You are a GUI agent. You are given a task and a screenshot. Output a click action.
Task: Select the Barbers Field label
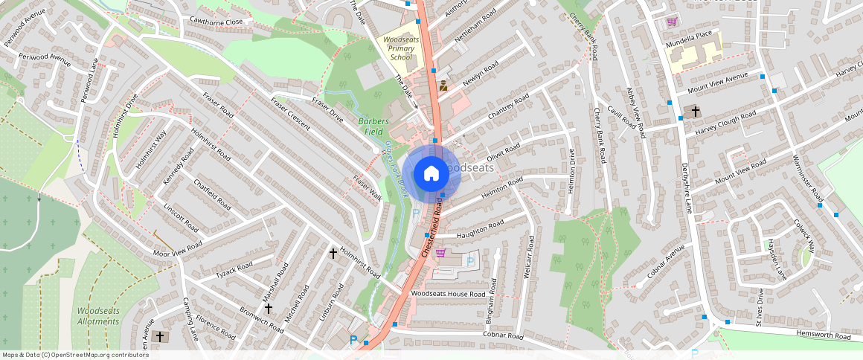click(x=373, y=126)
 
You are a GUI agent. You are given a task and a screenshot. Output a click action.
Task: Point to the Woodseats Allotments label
click(x=98, y=315)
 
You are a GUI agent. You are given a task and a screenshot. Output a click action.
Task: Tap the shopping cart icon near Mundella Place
click(x=673, y=21)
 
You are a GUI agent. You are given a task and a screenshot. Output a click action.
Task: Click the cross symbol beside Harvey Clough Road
click(x=696, y=112)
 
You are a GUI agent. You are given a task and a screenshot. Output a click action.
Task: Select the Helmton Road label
click(x=504, y=191)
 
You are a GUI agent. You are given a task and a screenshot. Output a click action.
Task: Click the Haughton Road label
click(x=481, y=229)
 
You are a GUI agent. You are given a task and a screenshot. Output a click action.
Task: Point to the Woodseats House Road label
click(x=448, y=294)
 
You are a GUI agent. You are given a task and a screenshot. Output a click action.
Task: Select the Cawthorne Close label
click(x=216, y=22)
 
